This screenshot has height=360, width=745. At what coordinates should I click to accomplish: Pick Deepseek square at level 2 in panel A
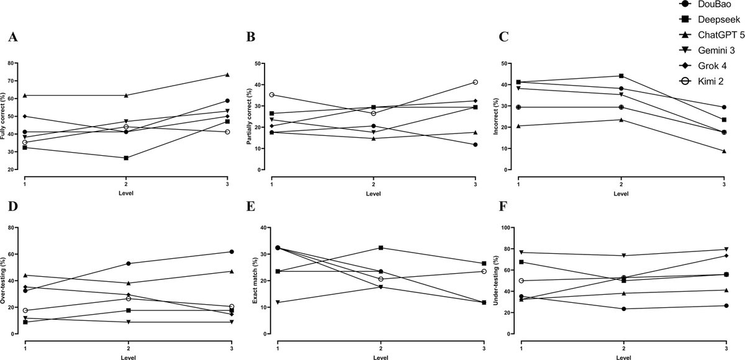coord(126,158)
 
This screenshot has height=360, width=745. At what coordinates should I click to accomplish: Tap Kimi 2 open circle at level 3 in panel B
coord(475,82)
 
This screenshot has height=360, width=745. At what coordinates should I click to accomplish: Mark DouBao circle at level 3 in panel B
coord(475,145)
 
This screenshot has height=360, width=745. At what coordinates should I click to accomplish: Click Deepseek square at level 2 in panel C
coord(621,76)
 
